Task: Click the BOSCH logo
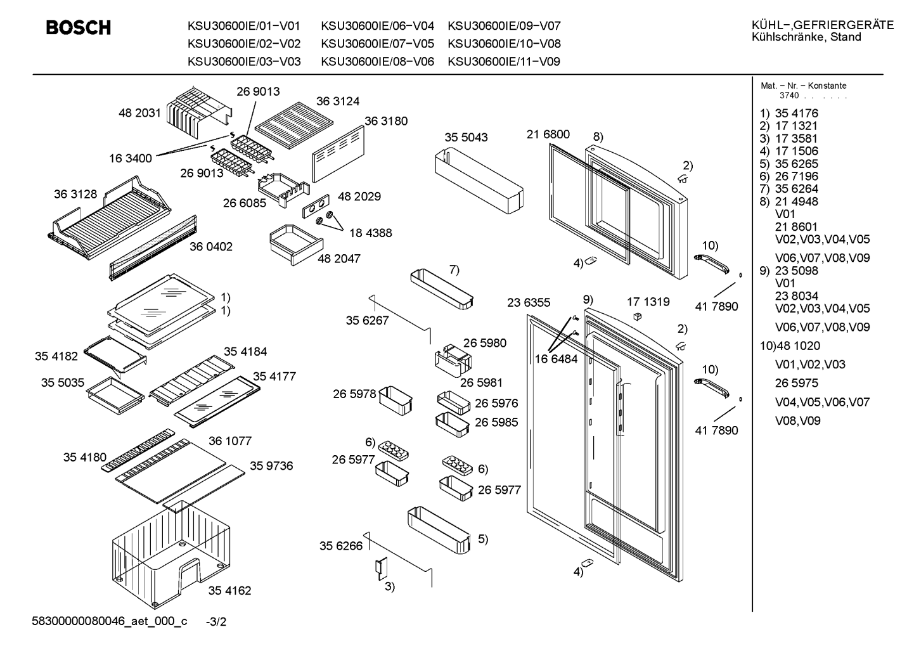(x=79, y=27)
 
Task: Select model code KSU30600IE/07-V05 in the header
(x=377, y=44)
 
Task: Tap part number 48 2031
(x=139, y=113)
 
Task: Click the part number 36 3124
(x=338, y=101)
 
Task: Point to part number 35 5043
(x=466, y=137)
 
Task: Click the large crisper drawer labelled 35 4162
(x=171, y=555)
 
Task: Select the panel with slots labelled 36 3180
(x=338, y=154)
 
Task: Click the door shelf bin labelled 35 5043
(x=479, y=181)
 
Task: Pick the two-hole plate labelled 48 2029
(x=316, y=206)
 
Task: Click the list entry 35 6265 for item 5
(x=797, y=164)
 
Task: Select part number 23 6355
(x=529, y=302)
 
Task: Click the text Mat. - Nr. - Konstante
(x=804, y=86)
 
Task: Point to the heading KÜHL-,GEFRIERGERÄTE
(x=823, y=25)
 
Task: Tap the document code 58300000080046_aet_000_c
(x=110, y=621)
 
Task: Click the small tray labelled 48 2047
(x=296, y=244)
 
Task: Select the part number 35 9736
(x=271, y=465)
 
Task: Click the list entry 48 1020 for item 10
(x=798, y=346)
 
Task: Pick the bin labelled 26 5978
(x=396, y=400)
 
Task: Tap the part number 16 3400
(x=130, y=158)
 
